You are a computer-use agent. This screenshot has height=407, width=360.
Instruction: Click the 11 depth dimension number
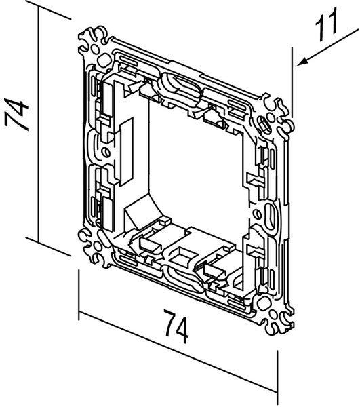pyautogui.click(x=326, y=24)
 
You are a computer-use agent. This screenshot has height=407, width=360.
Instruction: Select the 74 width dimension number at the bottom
pyautogui.click(x=176, y=326)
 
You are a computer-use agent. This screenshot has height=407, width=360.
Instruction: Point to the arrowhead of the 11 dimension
pyautogui.click(x=302, y=62)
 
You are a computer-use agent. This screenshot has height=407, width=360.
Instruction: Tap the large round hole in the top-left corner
pyautogui.click(x=104, y=60)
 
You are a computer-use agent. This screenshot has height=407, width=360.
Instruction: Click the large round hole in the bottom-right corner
pyautogui.click(x=263, y=303)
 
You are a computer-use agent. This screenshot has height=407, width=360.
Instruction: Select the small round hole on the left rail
pyautogui.click(x=106, y=152)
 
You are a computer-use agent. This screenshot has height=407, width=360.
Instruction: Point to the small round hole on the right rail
pyautogui.click(x=256, y=214)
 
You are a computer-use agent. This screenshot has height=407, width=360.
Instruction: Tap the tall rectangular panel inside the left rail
pyautogui.click(x=127, y=151)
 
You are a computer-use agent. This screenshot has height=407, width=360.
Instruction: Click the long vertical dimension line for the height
pyautogui.click(x=39, y=125)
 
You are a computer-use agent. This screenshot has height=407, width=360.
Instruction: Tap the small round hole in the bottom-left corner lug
pyautogui.click(x=97, y=246)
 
